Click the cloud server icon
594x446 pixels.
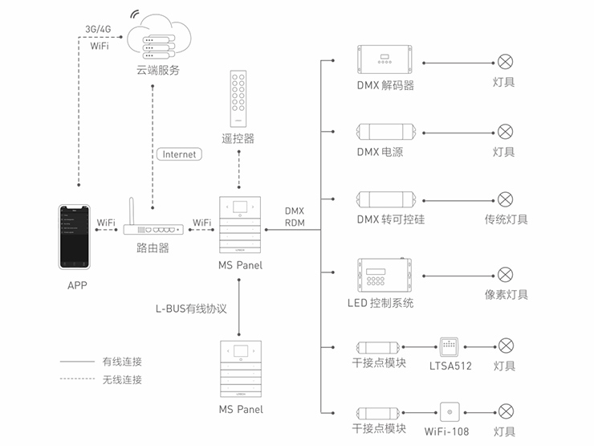point(159,37)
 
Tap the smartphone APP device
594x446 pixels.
point(74,236)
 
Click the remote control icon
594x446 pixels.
point(238,99)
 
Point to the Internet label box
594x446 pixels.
point(179,154)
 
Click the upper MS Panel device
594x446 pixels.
point(240,224)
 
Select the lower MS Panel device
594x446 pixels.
point(241,369)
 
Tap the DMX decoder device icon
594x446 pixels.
point(384,59)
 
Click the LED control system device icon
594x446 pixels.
point(384,275)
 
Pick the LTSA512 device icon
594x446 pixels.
point(450,347)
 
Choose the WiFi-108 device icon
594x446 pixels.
point(450,412)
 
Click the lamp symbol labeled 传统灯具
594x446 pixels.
point(505,199)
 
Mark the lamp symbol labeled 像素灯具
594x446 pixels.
point(505,275)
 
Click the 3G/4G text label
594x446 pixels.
point(98,29)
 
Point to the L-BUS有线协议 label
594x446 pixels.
point(191,309)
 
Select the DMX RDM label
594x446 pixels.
point(295,217)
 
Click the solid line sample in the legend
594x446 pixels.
point(77,362)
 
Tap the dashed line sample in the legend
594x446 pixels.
point(77,378)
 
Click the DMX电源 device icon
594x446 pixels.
point(386,132)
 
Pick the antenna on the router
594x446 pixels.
point(132,211)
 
